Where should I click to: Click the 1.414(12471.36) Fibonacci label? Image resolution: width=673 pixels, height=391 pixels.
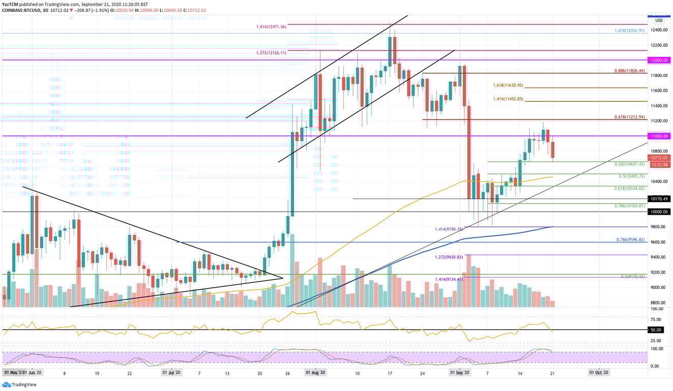coord(271,26)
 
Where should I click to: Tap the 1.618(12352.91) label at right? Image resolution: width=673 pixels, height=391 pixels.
coord(629,31)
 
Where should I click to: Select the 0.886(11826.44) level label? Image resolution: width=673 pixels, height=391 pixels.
coord(629,71)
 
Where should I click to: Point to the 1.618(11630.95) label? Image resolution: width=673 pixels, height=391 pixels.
coord(508,85)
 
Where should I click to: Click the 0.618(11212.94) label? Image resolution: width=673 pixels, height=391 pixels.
coord(629,117)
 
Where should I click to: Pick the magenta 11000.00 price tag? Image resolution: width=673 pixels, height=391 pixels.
coord(659,136)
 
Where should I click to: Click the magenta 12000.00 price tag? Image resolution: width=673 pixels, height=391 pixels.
coord(659,60)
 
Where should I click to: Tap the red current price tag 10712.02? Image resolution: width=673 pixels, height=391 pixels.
coord(659,158)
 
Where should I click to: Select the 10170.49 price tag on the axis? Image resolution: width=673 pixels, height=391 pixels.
coord(659,199)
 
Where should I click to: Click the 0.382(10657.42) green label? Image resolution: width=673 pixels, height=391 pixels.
coord(629,164)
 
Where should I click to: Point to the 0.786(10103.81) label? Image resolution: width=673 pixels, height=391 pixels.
coord(629,206)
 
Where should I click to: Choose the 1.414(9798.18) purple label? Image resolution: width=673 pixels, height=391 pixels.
coord(449,229)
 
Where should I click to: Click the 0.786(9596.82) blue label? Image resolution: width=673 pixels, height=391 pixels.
coord(630,239)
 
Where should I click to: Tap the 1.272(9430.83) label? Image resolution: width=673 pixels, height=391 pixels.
coord(449,257)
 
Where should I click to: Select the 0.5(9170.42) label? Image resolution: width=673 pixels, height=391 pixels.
coord(633,276)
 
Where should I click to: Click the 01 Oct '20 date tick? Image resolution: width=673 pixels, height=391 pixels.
coord(599,373)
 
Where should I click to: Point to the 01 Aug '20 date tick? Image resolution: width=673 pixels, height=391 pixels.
coord(315,373)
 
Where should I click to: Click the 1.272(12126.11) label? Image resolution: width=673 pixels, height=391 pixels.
coord(271,52)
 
